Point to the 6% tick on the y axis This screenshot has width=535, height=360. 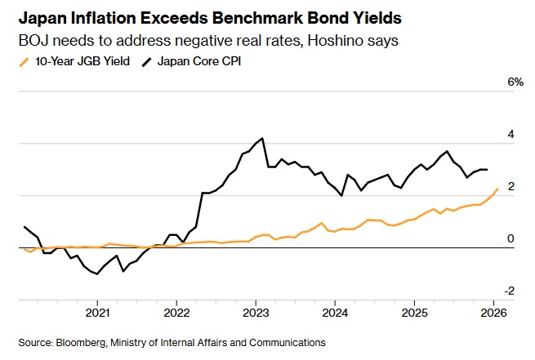[515, 82]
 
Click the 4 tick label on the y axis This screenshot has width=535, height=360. [511, 135]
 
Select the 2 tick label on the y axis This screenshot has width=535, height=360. [511, 187]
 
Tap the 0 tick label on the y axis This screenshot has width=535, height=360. [511, 238]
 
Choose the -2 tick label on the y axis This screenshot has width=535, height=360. [510, 291]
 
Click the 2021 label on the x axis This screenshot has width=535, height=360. [98, 313]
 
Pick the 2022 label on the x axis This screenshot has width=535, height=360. [177, 313]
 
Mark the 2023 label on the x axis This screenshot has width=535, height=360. [256, 313]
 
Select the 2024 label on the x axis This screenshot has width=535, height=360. [335, 313]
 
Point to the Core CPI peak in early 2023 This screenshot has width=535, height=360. [261, 138]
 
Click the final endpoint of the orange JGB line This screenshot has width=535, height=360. [497, 189]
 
